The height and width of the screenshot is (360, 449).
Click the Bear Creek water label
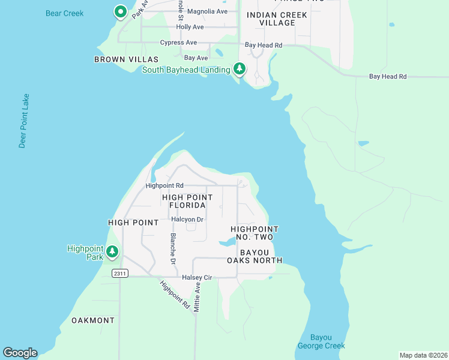(x=65, y=13)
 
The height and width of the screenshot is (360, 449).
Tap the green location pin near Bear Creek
(x=120, y=11)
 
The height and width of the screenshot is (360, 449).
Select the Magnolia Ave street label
(x=207, y=11)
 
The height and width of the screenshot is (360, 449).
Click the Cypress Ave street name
(x=178, y=43)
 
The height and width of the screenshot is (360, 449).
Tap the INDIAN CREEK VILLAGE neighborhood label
(x=271, y=19)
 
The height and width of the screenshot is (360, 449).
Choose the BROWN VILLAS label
(x=126, y=59)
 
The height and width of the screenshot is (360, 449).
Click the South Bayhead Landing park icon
(x=240, y=69)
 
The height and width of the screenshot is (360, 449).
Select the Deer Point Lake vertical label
(x=23, y=121)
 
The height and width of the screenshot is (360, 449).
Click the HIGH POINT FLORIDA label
(x=187, y=201)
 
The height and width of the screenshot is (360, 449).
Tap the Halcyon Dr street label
(x=187, y=220)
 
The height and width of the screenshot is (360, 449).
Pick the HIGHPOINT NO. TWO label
(x=255, y=233)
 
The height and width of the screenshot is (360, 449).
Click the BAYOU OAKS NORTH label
(x=255, y=256)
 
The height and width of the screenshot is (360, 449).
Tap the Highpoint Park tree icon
(x=112, y=252)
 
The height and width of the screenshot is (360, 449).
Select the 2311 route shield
(x=120, y=273)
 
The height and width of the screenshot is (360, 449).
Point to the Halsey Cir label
(x=196, y=277)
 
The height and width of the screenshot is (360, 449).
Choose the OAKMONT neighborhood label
(x=93, y=320)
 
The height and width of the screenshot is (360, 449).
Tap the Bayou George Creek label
(x=321, y=341)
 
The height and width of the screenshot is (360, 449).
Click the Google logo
(x=20, y=353)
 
